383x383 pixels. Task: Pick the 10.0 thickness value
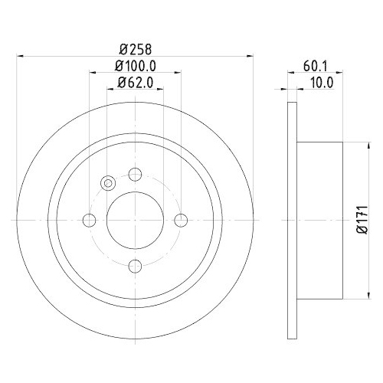(x=316, y=83)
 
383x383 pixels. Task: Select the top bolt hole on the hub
(x=135, y=174)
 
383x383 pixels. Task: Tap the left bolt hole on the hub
(x=89, y=220)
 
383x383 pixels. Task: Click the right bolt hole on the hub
(x=181, y=220)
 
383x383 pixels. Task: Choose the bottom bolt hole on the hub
(x=135, y=266)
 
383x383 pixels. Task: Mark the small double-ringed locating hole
(x=107, y=183)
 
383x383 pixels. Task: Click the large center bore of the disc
(x=135, y=220)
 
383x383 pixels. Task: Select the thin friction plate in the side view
(x=291, y=220)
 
